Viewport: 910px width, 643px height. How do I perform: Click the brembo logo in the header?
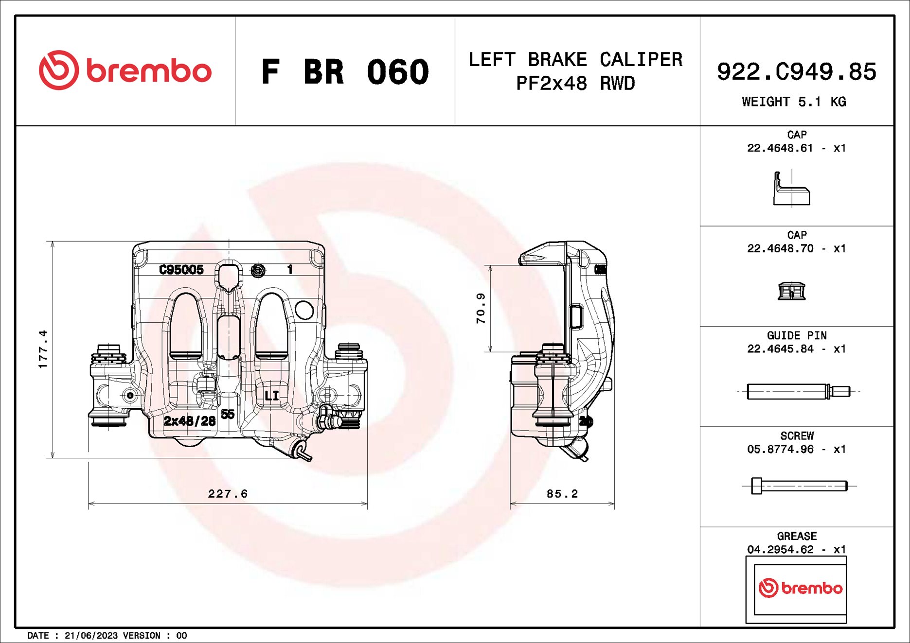click(125, 70)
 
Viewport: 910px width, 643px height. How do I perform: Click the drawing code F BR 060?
click(345, 72)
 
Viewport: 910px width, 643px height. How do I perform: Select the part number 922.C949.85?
click(796, 72)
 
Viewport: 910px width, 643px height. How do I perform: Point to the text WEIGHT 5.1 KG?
click(794, 102)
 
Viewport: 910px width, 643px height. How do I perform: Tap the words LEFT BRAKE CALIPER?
click(575, 60)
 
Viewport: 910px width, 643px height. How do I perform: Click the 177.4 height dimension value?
click(43, 349)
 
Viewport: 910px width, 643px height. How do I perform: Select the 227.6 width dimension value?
click(228, 494)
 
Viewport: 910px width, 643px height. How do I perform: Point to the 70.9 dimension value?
click(481, 308)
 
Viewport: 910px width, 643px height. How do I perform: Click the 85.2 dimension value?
click(562, 494)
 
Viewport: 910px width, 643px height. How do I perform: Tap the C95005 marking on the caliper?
click(181, 270)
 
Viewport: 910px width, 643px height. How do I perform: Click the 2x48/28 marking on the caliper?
click(189, 421)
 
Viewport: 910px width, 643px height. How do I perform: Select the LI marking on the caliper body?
click(272, 396)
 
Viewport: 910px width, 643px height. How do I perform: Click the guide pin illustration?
click(798, 391)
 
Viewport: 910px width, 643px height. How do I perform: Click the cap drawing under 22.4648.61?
click(791, 190)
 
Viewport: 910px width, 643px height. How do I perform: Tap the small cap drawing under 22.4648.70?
click(791, 291)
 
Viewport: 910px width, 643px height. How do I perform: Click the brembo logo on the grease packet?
click(800, 588)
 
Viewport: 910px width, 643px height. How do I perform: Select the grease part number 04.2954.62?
click(780, 550)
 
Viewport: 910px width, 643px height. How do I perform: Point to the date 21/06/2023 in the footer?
click(91, 636)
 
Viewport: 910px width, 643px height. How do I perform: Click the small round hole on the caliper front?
click(304, 310)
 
